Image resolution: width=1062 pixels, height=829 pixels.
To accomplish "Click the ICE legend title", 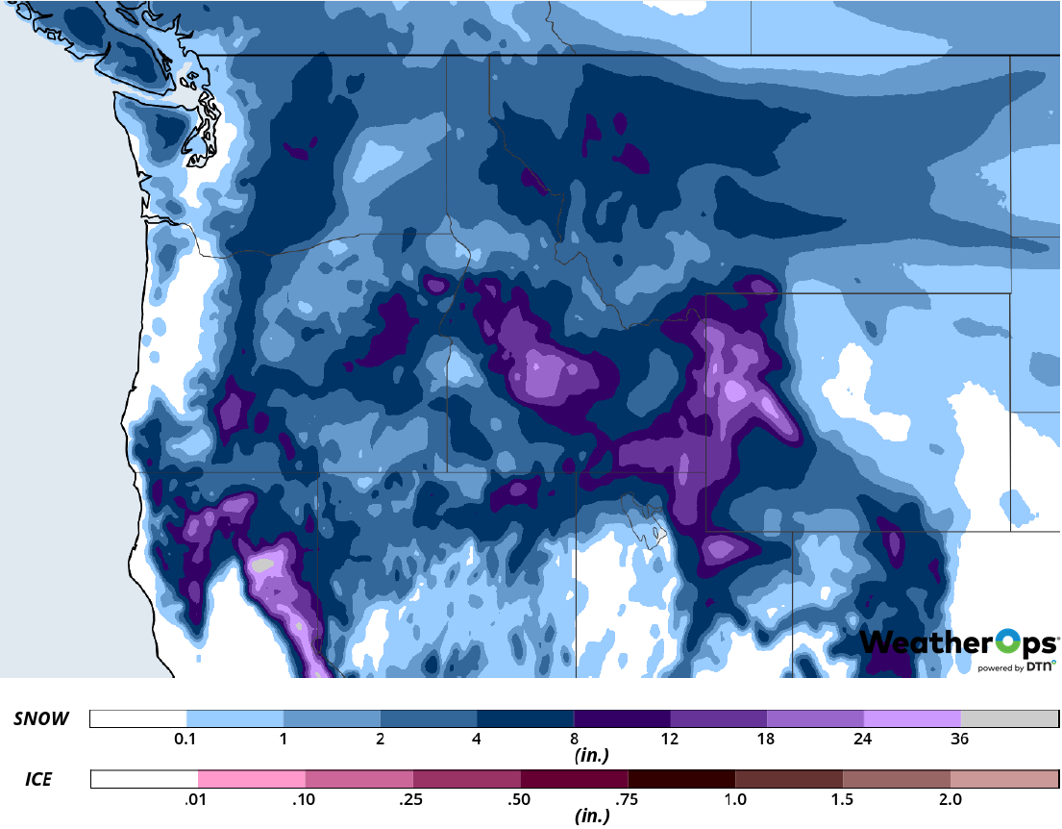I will [x=38, y=780].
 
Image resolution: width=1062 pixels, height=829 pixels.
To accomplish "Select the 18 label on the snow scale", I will [x=767, y=740].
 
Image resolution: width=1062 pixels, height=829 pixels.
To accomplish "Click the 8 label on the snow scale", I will [x=574, y=740].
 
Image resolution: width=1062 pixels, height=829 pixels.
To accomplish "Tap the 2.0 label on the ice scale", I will [x=951, y=800].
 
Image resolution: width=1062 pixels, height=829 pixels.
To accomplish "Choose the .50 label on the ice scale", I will [x=520, y=800].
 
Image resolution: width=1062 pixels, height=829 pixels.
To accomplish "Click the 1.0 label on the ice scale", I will [x=735, y=800].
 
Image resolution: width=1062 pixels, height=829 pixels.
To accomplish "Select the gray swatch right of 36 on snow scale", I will [x=1008, y=719].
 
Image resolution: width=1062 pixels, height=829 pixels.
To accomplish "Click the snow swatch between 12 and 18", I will [x=718, y=719].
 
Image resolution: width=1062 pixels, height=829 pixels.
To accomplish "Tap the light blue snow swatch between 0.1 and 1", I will [x=235, y=719].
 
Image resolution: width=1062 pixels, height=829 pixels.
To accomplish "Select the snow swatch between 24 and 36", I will [x=912, y=719].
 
